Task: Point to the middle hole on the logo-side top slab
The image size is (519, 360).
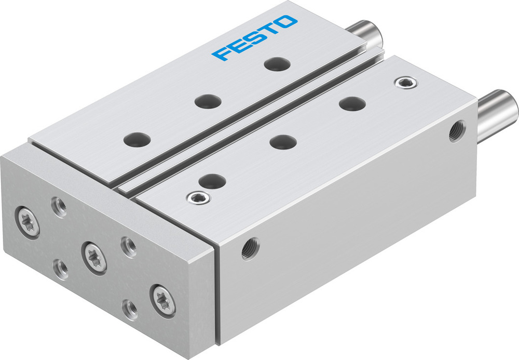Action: [x=207, y=100]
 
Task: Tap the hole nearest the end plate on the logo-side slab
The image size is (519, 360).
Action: [x=138, y=139]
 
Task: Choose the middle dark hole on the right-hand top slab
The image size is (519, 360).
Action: [x=283, y=141]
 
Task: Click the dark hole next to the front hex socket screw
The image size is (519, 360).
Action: [x=213, y=181]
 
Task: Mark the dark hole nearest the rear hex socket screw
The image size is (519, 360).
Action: [x=351, y=103]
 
